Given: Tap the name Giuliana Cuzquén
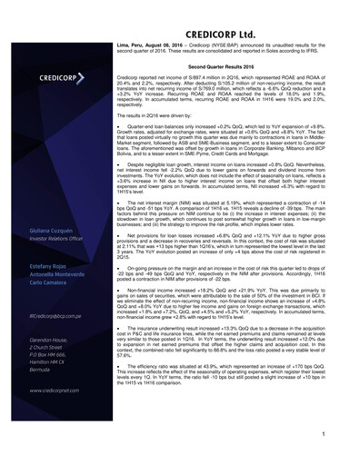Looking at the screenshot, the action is [41, 233].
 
